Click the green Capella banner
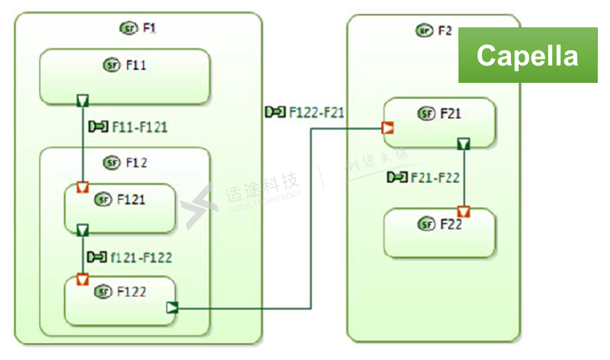point(527,55)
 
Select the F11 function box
point(124,76)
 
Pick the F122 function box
point(120,301)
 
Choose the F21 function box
point(439,122)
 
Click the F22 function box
point(439,232)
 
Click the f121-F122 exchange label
point(129,257)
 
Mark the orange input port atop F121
point(83,187)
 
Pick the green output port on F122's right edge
point(172,307)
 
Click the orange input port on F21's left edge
point(388,129)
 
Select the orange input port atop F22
point(463,211)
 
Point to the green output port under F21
point(463,144)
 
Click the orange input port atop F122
point(83,279)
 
